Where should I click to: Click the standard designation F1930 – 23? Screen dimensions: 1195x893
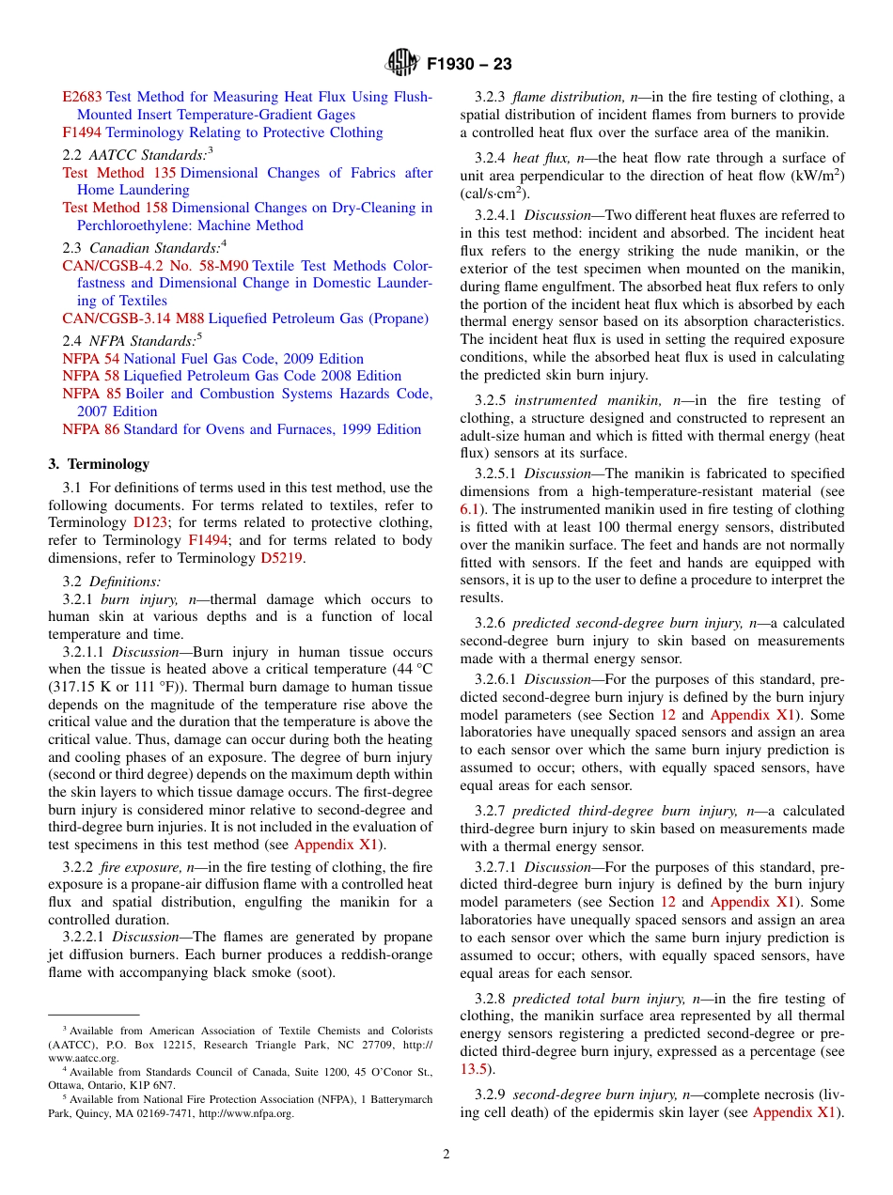[x=469, y=65]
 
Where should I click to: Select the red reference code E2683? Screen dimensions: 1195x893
[x=82, y=97]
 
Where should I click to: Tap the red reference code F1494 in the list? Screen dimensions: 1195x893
[x=82, y=132]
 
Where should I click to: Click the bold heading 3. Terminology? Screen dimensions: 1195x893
[x=99, y=464]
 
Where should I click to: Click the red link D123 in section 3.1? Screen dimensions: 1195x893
[x=149, y=522]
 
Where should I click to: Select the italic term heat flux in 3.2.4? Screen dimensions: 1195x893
[x=539, y=158]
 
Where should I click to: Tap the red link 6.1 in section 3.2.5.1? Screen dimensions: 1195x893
[x=469, y=509]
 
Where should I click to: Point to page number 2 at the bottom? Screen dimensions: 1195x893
[x=446, y=1155]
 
